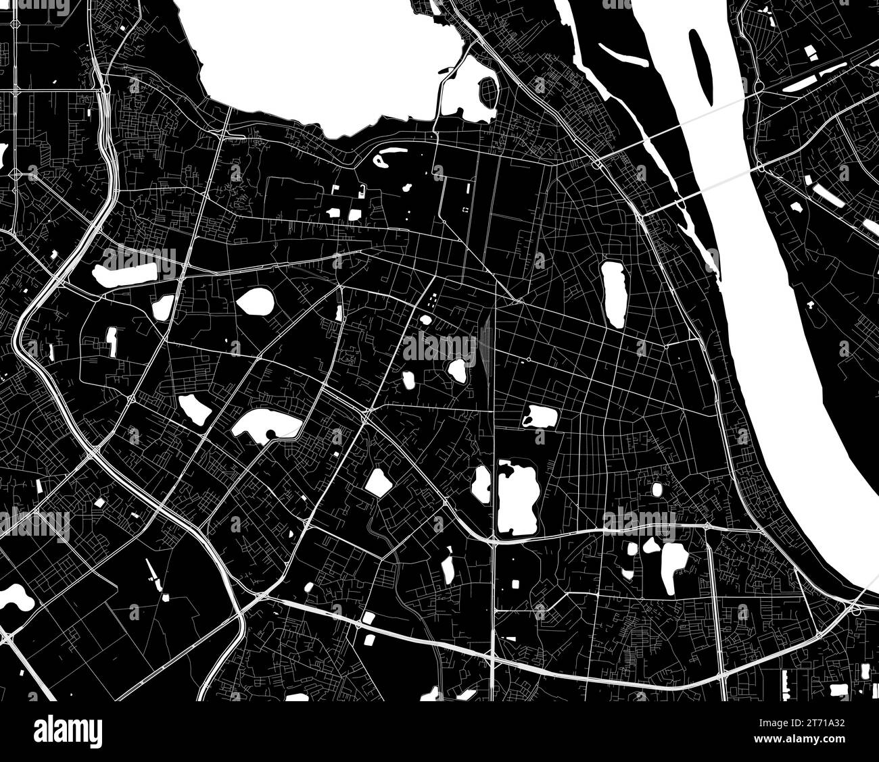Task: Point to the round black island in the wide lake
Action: point(270,434)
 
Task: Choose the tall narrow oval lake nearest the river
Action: point(613,294)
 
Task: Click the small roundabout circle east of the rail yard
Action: point(527,358)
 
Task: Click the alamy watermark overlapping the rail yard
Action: point(439,347)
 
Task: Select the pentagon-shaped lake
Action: point(377,482)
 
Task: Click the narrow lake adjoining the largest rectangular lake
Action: point(482,484)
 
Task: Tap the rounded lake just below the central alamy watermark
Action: point(457,370)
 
